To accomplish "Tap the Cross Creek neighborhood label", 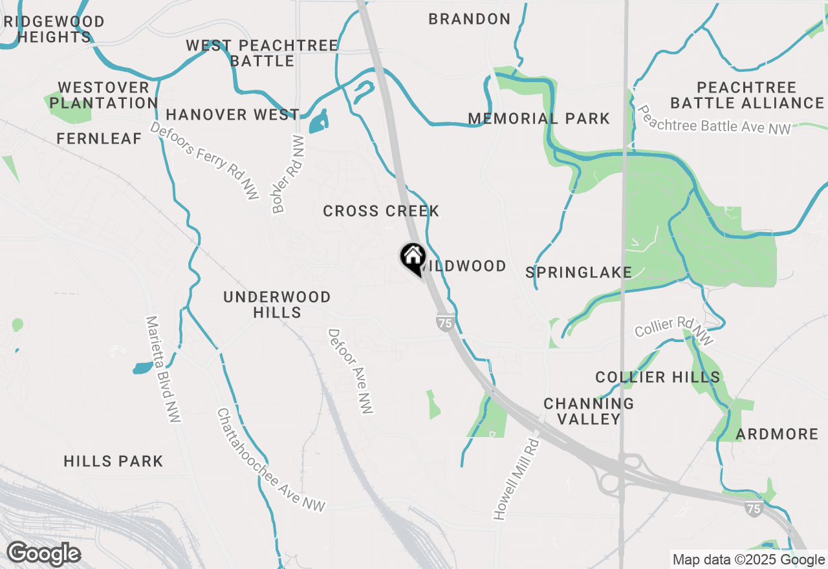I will coord(381,211).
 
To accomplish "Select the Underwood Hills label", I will coord(277,305).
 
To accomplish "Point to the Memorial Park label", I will coord(539,119).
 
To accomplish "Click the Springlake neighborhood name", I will coord(578,272).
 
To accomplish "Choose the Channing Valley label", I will coord(589,411).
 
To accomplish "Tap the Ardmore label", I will coord(777,434).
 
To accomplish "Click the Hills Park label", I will coord(113,461).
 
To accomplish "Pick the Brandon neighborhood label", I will coord(470,19).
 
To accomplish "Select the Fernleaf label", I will coord(99,138).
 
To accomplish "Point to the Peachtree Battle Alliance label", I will coord(747,95).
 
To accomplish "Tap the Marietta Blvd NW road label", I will coord(162,369).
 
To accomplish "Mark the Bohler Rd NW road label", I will coord(289,174).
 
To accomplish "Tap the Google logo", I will coord(43,553).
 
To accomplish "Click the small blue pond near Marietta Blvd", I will coord(143,368).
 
